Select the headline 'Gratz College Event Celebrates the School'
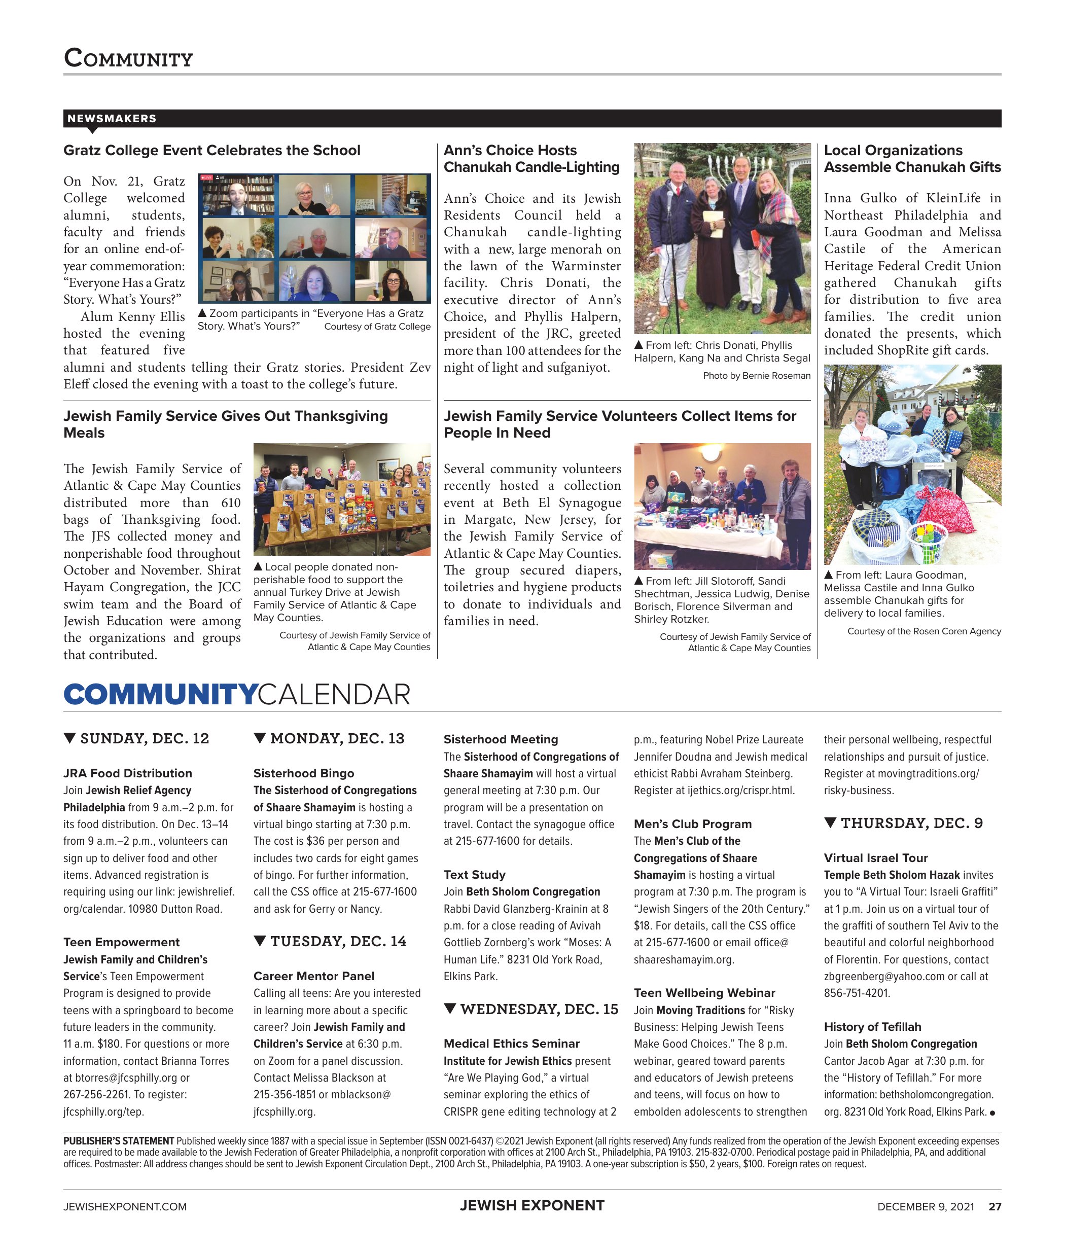click(212, 150)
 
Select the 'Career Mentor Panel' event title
click(314, 976)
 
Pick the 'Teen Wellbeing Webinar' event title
click(704, 993)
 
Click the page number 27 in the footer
click(995, 1207)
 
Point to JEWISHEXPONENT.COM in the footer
click(125, 1207)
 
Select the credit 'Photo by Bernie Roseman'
click(757, 375)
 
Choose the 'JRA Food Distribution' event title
click(127, 773)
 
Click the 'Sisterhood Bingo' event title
click(304, 773)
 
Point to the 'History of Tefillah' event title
click(872, 1027)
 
